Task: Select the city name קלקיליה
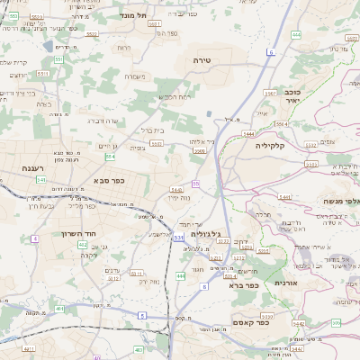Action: pos(269,145)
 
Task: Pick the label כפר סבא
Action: pos(109,181)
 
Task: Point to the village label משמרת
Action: pos(135,76)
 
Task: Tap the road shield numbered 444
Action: pos(295,34)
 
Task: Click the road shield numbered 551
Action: pos(59,59)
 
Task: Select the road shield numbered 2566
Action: pos(199,152)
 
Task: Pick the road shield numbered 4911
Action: pos(29,348)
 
